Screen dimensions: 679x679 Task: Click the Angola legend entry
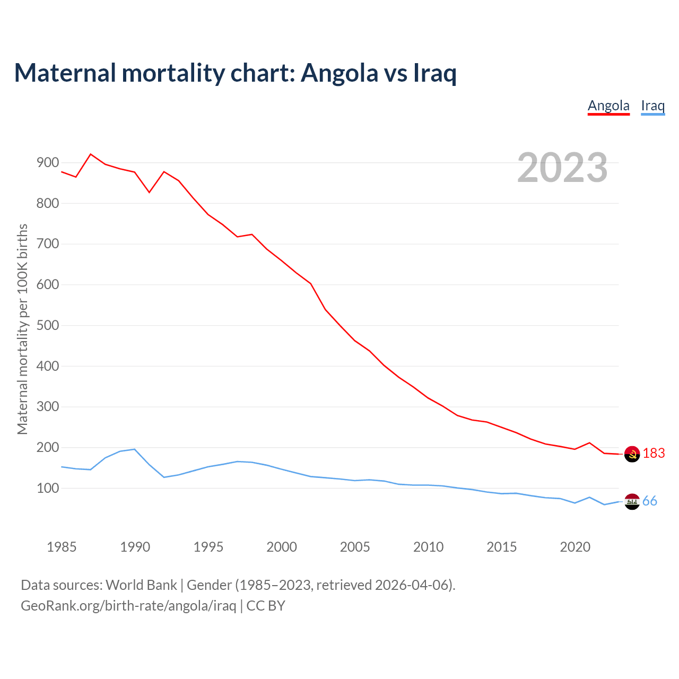(x=608, y=106)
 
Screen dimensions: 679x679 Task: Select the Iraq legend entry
(x=652, y=106)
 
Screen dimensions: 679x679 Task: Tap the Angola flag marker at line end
(x=632, y=454)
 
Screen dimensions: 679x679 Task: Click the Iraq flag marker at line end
(x=632, y=501)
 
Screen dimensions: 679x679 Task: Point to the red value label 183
(x=654, y=453)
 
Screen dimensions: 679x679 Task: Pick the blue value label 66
(x=650, y=501)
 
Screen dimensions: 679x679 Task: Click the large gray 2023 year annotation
(x=562, y=168)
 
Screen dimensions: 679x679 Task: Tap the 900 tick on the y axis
(x=47, y=163)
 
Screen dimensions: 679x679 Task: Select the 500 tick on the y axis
(x=47, y=325)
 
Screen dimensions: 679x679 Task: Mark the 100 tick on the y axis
(x=47, y=488)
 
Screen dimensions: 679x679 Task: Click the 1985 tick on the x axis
(x=62, y=547)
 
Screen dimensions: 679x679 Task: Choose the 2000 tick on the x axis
(x=282, y=547)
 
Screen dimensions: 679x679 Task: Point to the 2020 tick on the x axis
(x=575, y=547)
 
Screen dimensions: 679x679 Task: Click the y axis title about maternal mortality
(x=22, y=329)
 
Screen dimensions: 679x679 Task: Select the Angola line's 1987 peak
(x=91, y=154)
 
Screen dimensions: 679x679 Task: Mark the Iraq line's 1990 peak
(x=135, y=449)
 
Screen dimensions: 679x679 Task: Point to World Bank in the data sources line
(x=141, y=585)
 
